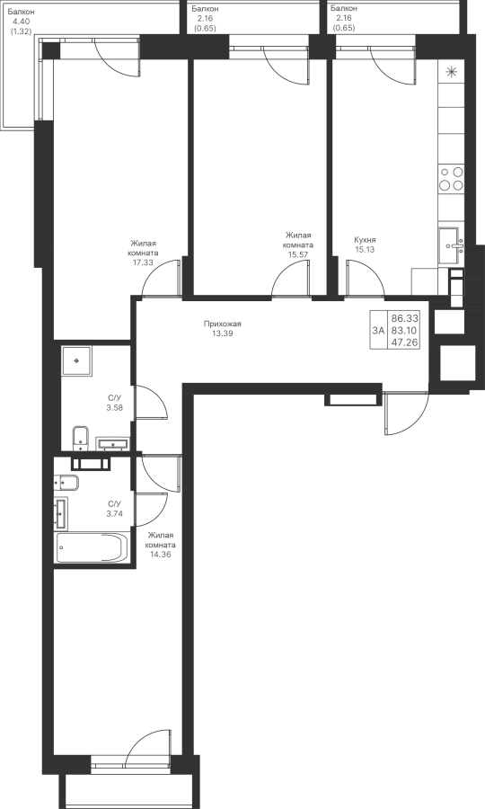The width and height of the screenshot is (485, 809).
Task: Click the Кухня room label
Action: [x=365, y=240]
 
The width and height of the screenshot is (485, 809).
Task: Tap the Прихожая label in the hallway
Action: [x=222, y=324]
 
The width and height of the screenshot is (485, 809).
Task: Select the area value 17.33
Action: [x=144, y=262]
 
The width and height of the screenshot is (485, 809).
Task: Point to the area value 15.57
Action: [x=298, y=253]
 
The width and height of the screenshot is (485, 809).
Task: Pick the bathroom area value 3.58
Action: [x=114, y=407]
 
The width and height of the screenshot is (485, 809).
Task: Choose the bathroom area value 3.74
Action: [x=114, y=513]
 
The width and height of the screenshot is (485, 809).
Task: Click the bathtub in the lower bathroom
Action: [x=93, y=548]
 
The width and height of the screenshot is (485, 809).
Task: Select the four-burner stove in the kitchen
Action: [x=451, y=179]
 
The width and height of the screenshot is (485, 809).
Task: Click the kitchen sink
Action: [x=451, y=246]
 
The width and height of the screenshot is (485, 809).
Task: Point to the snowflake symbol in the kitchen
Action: [x=452, y=72]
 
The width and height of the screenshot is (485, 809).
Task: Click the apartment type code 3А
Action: [x=379, y=331]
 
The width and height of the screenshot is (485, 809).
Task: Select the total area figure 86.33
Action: [x=404, y=318]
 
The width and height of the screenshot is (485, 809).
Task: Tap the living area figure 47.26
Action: [x=404, y=342]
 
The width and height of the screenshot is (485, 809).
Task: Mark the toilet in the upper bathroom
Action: [x=79, y=436]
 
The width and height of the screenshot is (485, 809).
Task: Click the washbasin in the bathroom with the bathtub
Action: [x=61, y=514]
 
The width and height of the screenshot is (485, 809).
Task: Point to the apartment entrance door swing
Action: [x=407, y=413]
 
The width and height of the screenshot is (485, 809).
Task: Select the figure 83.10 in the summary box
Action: [x=404, y=330]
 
